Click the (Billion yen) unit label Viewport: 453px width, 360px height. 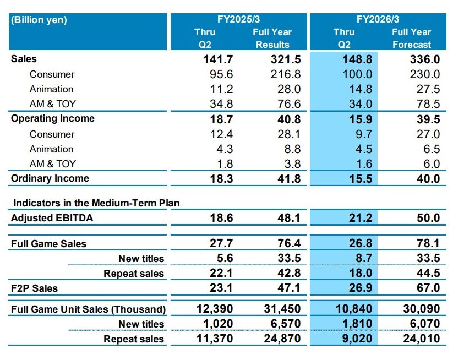click(39, 20)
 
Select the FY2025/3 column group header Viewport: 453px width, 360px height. click(239, 19)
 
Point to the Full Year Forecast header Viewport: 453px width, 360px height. click(411, 38)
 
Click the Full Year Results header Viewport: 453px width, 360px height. click(272, 38)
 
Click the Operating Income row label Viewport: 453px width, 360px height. click(53, 119)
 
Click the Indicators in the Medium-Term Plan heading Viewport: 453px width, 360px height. click(96, 203)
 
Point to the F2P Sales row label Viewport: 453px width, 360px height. click(34, 288)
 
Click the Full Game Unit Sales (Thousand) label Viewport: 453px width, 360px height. click(88, 309)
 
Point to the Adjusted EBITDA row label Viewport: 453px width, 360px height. click(52, 218)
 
